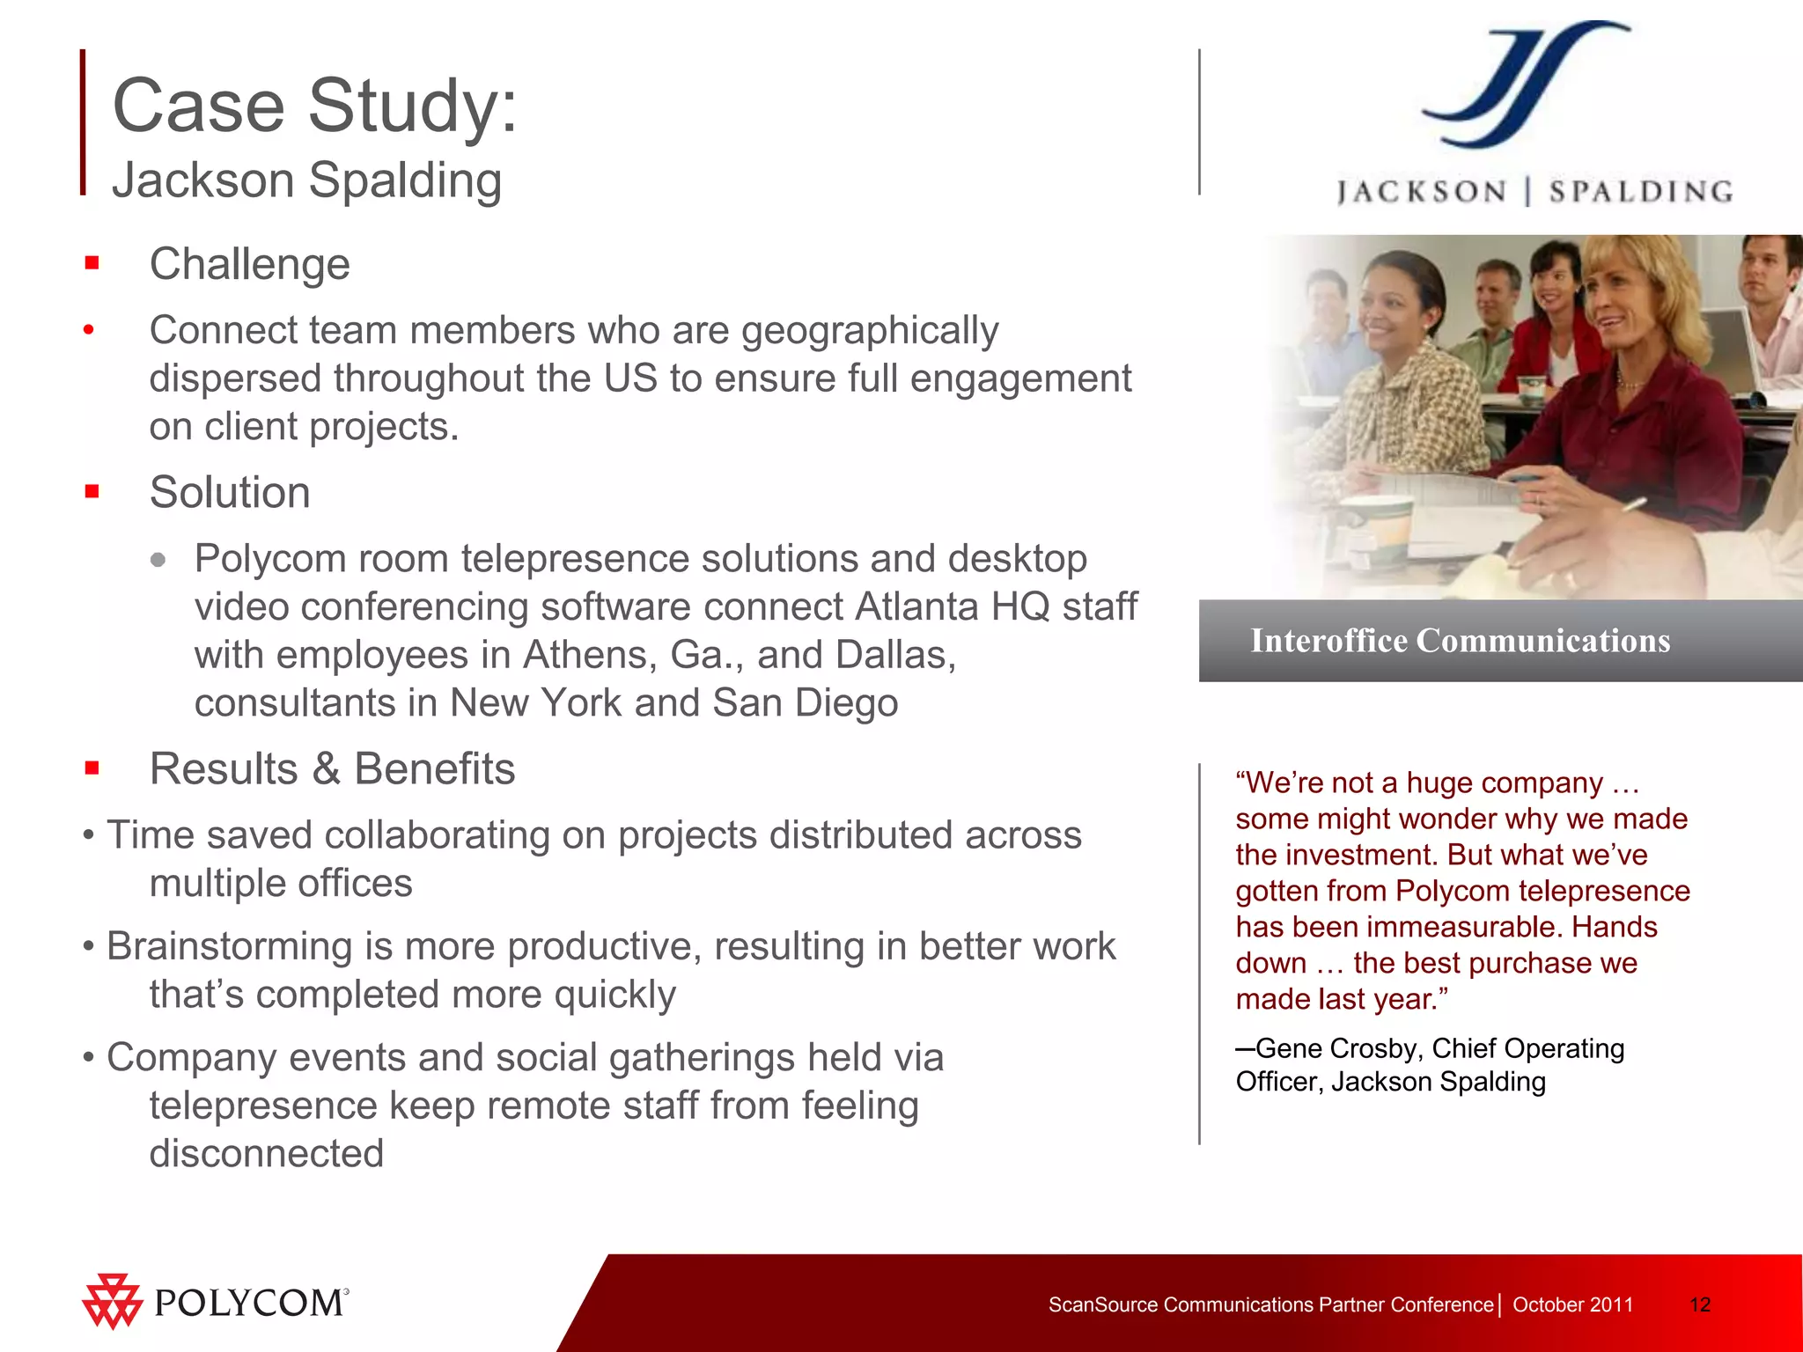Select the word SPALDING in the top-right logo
click(1641, 192)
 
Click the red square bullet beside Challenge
click(92, 263)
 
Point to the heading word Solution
click(230, 492)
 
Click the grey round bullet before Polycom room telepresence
click(158, 560)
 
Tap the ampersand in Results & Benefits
click(326, 769)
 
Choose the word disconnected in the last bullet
click(267, 1154)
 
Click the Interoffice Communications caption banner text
click(1461, 641)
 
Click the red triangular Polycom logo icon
click(112, 1301)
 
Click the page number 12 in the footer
click(1700, 1304)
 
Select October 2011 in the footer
click(1572, 1304)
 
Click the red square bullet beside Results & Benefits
click(92, 768)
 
